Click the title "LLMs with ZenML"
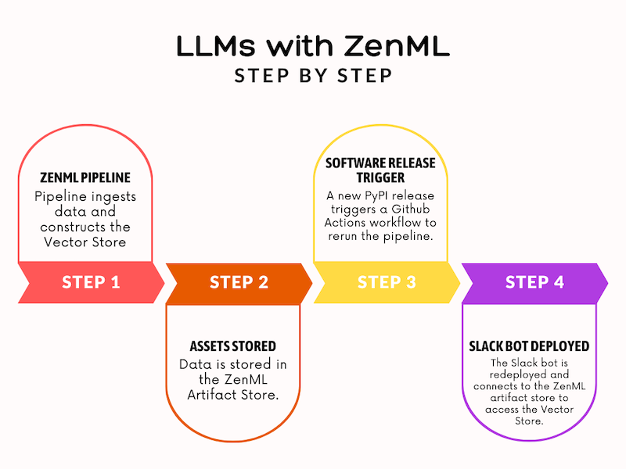[313, 47]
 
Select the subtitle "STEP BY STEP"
[313, 76]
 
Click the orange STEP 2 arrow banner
[239, 282]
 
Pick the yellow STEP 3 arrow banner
[387, 282]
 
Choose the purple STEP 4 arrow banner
[534, 282]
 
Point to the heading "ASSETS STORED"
[232, 345]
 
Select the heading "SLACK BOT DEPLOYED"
[529, 345]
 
